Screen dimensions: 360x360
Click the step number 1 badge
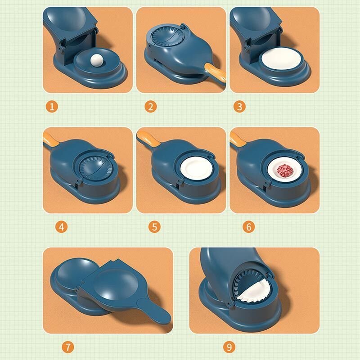(53, 107)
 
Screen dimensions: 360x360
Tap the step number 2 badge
(151, 107)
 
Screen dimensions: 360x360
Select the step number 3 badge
(239, 107)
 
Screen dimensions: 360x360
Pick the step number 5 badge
(155, 226)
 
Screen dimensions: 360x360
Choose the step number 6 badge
(248, 226)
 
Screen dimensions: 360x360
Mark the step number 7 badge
(67, 346)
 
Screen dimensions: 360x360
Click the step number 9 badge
(229, 346)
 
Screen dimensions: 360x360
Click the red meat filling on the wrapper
(283, 171)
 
